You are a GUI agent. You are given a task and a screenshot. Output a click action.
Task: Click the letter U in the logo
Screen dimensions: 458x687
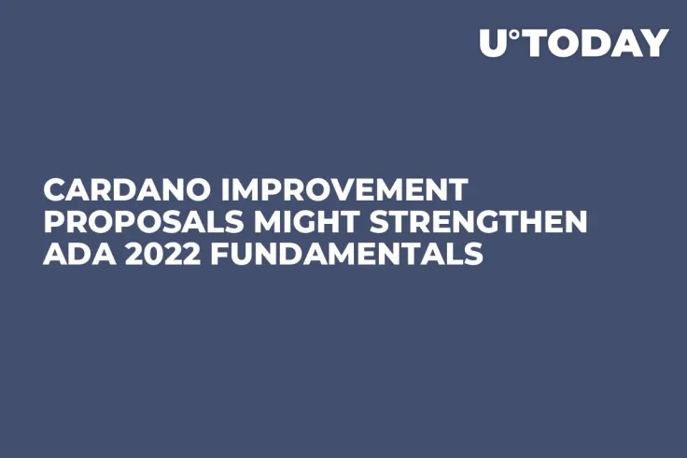click(494, 43)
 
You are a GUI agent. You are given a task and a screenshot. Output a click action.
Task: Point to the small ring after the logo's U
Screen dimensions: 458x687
click(515, 34)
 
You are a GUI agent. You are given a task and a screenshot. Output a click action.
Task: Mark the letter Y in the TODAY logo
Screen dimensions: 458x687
click(656, 43)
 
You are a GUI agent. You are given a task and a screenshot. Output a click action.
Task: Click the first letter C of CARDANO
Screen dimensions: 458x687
click(54, 190)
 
